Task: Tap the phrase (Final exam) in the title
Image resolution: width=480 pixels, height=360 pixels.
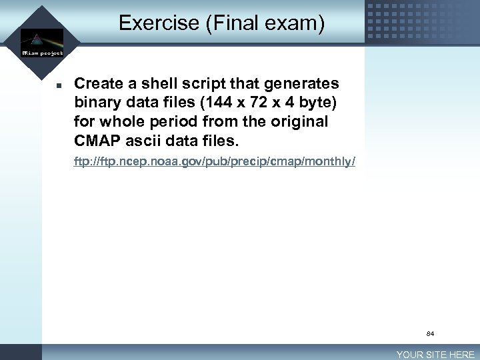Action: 265,23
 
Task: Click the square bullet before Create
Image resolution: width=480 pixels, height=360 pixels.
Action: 59,85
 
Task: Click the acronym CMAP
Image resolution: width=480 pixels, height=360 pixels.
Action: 98,142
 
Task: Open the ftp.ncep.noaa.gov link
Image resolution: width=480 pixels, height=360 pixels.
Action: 215,162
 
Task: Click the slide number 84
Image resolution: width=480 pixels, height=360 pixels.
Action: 430,333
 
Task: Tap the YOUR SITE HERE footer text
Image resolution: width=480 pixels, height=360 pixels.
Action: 436,355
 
